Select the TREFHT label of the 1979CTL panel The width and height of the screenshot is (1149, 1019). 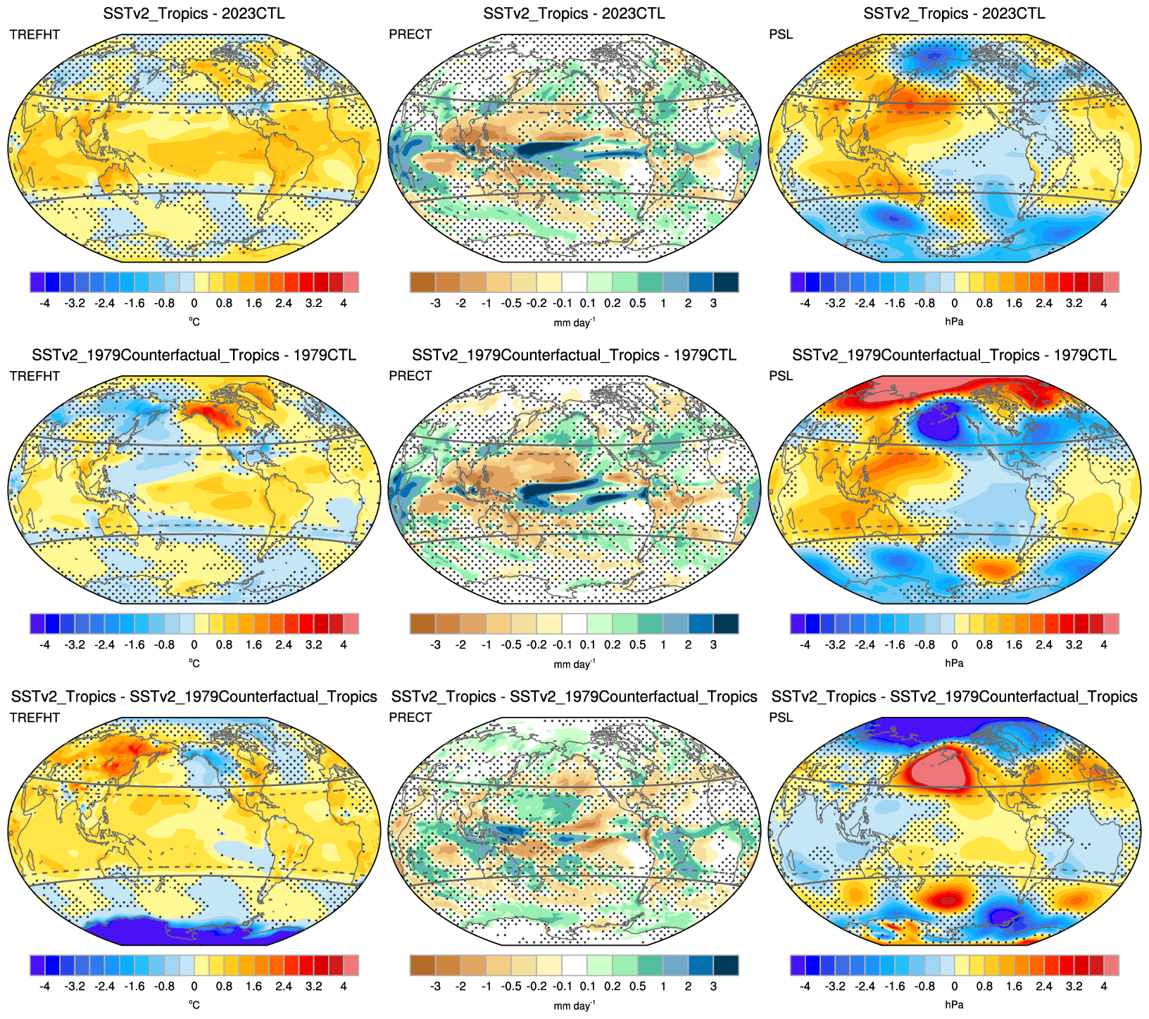(34, 376)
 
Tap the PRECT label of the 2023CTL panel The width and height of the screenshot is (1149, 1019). (410, 35)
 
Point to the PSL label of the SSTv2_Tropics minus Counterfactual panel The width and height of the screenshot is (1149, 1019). (781, 718)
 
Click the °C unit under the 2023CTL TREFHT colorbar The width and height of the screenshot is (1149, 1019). (194, 322)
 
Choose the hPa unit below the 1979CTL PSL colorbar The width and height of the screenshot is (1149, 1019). (954, 663)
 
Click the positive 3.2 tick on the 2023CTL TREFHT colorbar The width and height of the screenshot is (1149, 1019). (314, 304)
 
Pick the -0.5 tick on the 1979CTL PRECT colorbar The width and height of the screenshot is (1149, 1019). (511, 645)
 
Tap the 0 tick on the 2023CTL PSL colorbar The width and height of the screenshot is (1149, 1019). (954, 304)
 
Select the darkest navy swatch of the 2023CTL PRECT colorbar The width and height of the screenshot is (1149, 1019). (726, 282)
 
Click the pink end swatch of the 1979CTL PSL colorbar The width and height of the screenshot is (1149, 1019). (1111, 624)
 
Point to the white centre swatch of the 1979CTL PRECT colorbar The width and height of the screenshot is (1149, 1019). (574, 624)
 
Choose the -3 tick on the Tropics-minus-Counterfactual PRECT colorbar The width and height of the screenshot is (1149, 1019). (435, 987)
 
